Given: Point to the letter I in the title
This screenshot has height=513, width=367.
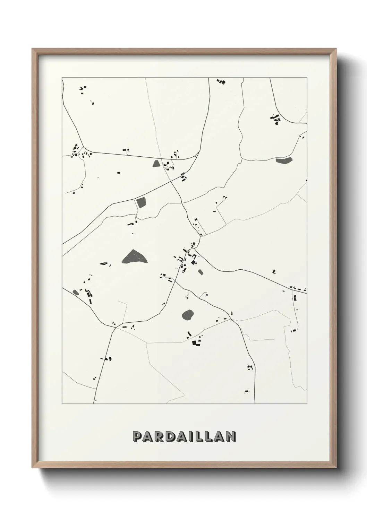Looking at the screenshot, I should [196, 437].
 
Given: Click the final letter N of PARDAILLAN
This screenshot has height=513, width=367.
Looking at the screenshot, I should [231, 437].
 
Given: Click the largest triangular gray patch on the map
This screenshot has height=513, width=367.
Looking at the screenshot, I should [134, 257].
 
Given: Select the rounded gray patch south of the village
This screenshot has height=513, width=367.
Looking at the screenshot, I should [188, 315].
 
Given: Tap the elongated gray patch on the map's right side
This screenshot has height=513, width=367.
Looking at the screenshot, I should [284, 160].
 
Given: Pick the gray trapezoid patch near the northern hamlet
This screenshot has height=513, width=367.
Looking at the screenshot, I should [156, 163].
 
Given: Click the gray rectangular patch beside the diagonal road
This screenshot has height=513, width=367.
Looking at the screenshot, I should [142, 202].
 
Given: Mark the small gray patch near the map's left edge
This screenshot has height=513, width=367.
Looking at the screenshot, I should [76, 292].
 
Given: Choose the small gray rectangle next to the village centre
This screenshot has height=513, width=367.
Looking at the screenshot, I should [200, 272].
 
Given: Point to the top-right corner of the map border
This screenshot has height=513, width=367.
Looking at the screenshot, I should [307, 78].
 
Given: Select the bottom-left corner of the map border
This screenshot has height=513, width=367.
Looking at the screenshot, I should [62, 403].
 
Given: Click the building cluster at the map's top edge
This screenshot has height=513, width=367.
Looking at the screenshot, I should [221, 82].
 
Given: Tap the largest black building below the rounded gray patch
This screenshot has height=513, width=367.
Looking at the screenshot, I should [194, 343].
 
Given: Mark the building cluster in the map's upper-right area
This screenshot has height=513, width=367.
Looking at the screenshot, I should [276, 120].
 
